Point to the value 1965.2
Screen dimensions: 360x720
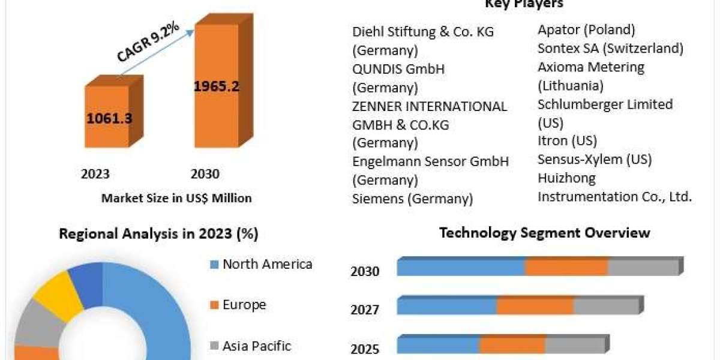tap(217, 86)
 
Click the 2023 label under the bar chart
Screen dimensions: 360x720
tap(95, 174)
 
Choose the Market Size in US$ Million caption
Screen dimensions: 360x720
tap(176, 197)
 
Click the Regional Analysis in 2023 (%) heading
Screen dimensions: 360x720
tap(158, 234)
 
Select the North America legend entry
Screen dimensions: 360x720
tap(267, 264)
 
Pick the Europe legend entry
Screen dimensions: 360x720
tap(244, 305)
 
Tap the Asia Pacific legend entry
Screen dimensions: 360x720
tap(256, 346)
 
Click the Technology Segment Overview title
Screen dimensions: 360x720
tap(545, 233)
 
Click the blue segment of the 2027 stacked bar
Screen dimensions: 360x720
tap(447, 306)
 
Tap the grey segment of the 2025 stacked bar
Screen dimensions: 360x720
tap(574, 345)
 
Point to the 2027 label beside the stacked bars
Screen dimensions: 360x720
tap(365, 310)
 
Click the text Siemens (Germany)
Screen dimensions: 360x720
tap(412, 199)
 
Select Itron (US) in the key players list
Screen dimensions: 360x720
tap(567, 141)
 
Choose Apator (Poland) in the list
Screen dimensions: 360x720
tap(586, 29)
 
